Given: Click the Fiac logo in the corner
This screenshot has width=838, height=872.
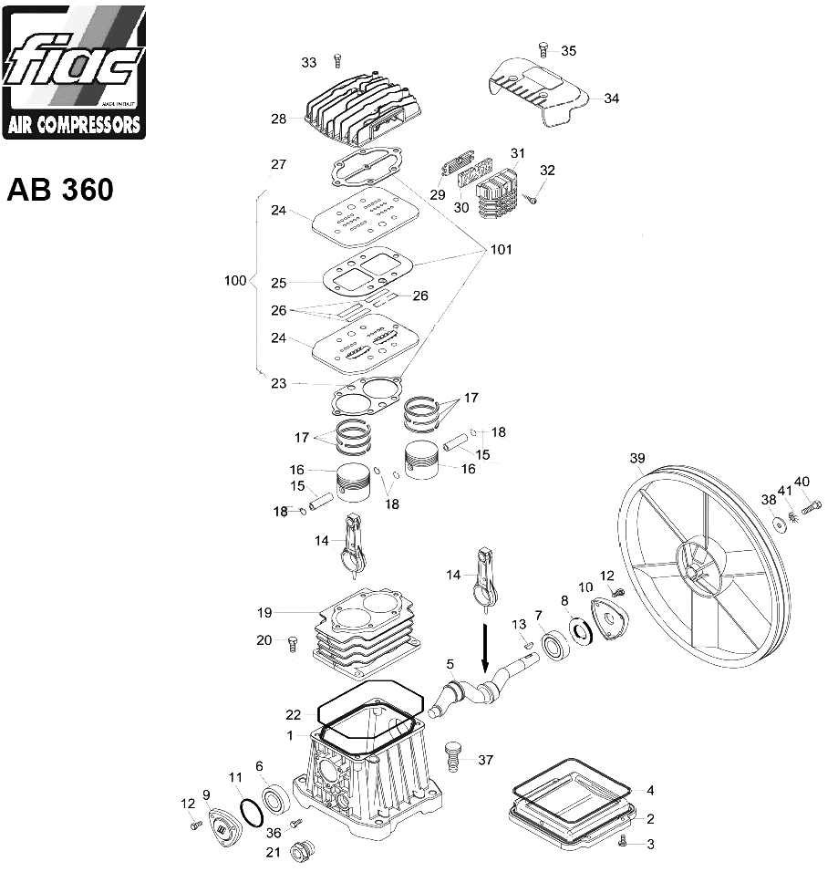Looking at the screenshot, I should click(74, 71).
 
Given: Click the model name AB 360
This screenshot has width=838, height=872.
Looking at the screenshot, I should click(60, 190).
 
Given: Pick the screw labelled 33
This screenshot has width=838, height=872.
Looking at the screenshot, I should click(336, 61).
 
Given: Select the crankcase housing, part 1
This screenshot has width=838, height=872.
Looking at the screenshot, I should click(369, 775).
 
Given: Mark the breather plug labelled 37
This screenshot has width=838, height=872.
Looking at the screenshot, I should click(453, 756).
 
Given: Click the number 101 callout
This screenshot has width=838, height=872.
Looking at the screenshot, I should click(501, 249).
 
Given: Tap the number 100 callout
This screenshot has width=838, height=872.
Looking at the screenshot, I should click(234, 281).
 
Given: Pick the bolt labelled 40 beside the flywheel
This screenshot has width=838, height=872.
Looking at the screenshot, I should click(811, 503).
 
